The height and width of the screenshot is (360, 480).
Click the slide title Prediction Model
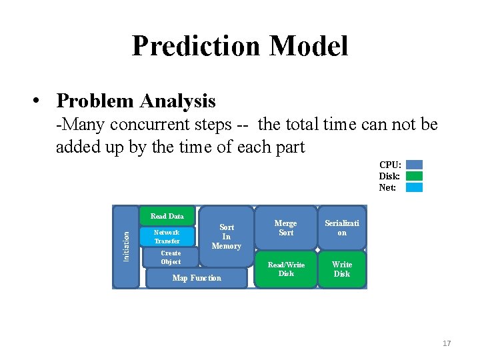click(x=239, y=46)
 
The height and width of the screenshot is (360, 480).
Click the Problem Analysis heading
click(x=136, y=101)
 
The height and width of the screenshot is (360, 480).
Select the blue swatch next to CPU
click(x=414, y=165)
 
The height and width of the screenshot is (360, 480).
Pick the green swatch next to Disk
click(x=414, y=176)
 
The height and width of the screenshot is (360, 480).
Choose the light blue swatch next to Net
click(x=414, y=187)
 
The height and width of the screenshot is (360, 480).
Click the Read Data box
click(x=167, y=216)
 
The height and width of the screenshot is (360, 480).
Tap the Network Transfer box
click(x=167, y=237)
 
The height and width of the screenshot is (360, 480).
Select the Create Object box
click(x=171, y=257)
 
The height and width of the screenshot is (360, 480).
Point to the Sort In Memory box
click(x=227, y=237)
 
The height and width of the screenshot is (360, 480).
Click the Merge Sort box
click(x=286, y=228)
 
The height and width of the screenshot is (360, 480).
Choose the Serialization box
click(x=342, y=228)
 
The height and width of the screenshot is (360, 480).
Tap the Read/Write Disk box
click(x=286, y=269)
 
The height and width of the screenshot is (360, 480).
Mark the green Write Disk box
click(x=342, y=269)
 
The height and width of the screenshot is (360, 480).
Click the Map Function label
click(x=197, y=278)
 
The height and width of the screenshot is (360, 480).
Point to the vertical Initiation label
click(x=126, y=246)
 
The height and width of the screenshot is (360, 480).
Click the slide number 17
click(x=446, y=343)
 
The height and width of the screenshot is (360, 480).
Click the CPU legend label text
click(x=390, y=165)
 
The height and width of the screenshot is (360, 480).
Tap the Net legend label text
click(x=388, y=187)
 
